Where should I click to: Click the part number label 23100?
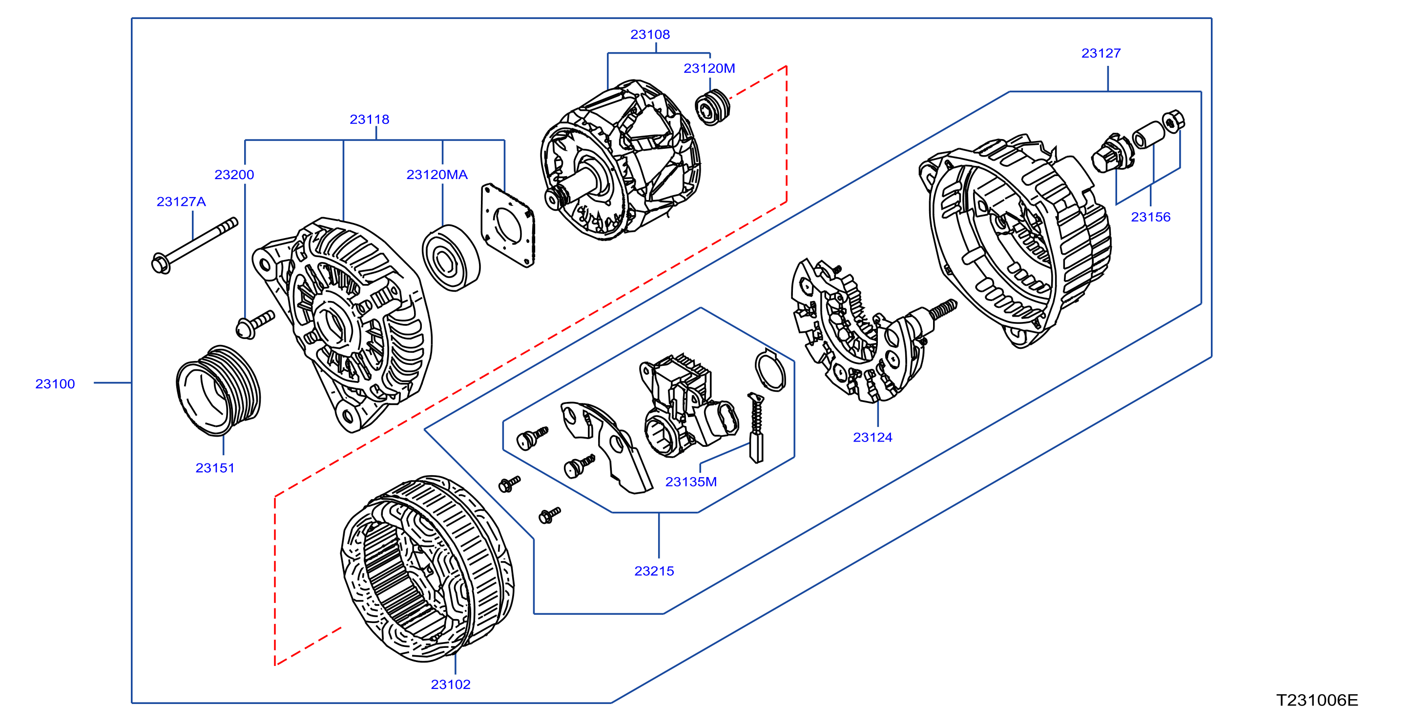(x=55, y=383)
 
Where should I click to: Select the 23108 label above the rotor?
(x=650, y=35)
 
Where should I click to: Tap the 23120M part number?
(x=709, y=68)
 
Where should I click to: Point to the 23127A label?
(x=181, y=201)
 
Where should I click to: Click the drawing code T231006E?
(x=1317, y=701)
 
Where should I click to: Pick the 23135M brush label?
(x=690, y=482)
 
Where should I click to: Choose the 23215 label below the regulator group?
(x=654, y=571)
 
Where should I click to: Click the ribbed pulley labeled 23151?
(x=218, y=390)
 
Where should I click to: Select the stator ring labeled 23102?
(x=427, y=568)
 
